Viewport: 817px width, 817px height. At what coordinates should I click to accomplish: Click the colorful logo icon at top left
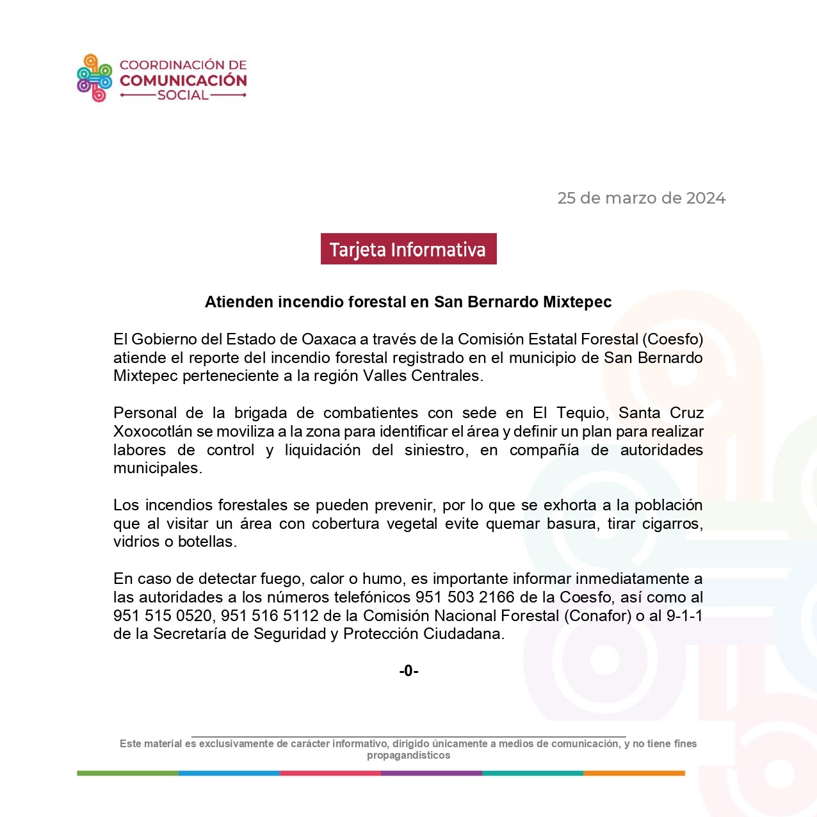[94, 78]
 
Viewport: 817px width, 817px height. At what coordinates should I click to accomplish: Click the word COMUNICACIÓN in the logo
[183, 81]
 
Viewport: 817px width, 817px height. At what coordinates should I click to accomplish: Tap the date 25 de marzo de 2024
[641, 198]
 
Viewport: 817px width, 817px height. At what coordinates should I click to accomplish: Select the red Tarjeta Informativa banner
[408, 249]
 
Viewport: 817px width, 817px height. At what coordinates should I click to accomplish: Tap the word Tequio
[582, 413]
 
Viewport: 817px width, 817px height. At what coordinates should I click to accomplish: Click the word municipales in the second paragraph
[157, 468]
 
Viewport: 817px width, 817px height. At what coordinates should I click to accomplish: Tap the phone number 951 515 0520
[162, 616]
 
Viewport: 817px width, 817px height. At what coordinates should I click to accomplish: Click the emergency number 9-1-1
[684, 616]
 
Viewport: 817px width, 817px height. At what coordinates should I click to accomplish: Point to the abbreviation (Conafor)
[597, 616]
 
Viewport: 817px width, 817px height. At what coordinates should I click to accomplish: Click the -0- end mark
[408, 671]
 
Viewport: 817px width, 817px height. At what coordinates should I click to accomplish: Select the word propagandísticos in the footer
[408, 756]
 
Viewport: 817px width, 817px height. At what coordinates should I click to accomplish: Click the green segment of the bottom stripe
[127, 773]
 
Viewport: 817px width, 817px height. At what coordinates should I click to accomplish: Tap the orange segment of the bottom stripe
[634, 773]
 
